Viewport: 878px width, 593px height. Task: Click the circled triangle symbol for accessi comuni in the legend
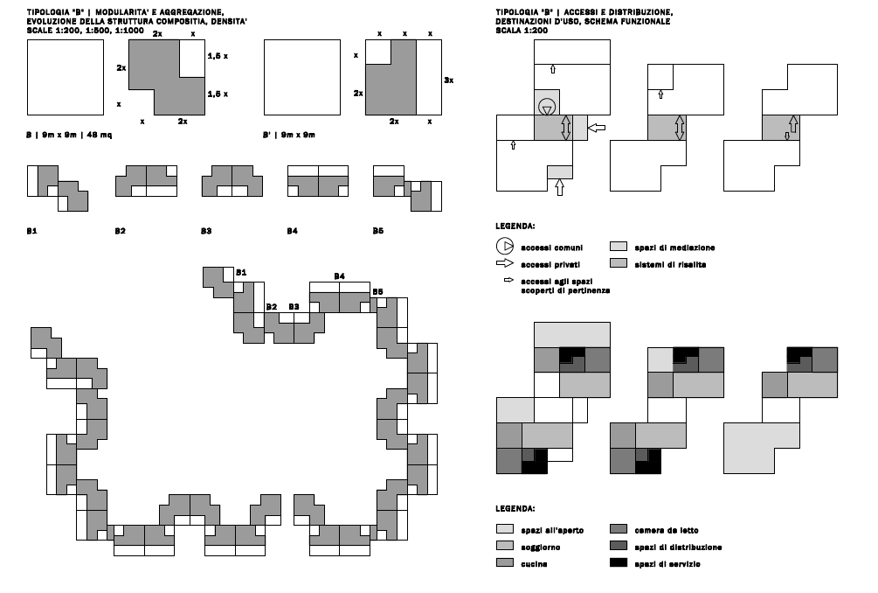(504, 246)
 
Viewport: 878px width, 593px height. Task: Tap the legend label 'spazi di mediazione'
(674, 248)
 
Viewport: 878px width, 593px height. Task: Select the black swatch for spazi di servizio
(619, 562)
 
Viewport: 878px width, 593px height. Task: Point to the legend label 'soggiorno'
(541, 547)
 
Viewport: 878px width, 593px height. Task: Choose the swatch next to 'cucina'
(504, 562)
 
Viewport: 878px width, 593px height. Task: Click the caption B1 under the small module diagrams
(32, 231)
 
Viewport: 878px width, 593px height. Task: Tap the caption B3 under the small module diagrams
(206, 231)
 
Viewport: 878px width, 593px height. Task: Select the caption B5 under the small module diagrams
(378, 231)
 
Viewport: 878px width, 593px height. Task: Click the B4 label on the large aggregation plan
(339, 276)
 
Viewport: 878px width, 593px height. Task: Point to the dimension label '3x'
(448, 80)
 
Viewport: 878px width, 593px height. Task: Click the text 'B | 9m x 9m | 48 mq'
(69, 135)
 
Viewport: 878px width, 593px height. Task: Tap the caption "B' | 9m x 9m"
(289, 135)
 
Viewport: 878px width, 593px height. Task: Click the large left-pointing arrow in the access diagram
(598, 128)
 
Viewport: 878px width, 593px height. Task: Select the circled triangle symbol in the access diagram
(547, 107)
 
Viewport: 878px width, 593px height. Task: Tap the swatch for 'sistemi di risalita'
(619, 263)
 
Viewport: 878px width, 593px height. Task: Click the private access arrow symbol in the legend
(504, 263)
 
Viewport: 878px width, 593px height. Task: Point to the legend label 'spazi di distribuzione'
(678, 547)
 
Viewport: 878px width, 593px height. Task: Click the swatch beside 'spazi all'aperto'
(504, 528)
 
